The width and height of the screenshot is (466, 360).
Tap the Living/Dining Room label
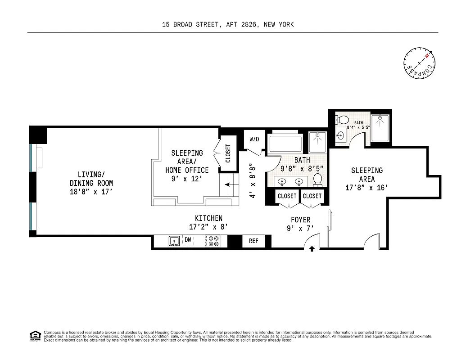pos(91,183)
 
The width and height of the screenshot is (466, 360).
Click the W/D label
pos(254,139)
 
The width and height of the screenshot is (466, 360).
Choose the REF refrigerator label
pos(253,241)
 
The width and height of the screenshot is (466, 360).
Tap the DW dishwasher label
pos(188,240)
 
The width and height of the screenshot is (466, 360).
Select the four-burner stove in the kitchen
pos(213,242)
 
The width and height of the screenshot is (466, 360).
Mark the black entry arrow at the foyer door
pos(312,248)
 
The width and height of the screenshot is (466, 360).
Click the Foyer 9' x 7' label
pos(300,224)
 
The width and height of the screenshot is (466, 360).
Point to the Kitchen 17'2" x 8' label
pos(208,222)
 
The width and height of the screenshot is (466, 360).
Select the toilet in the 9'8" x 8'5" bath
pos(317,180)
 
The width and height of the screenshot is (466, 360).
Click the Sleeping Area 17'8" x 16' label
pos(367,179)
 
